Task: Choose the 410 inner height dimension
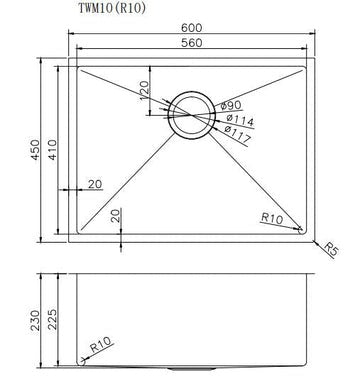tap(54, 149)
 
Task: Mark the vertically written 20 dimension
tap(116, 214)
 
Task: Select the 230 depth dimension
tap(33, 321)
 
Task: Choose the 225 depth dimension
tap(52, 320)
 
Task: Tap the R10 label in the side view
tap(99, 345)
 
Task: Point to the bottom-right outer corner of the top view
tap(314, 242)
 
